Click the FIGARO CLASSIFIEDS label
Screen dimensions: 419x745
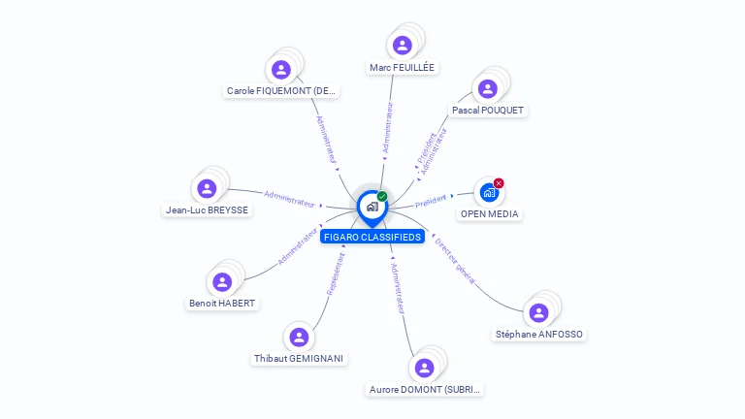tap(372, 237)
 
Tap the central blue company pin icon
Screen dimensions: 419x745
tap(372, 207)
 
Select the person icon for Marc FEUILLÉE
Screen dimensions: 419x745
tap(403, 45)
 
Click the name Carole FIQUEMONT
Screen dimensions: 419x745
tap(281, 91)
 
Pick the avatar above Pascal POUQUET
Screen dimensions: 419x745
tap(488, 88)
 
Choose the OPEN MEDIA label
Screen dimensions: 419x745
tap(489, 213)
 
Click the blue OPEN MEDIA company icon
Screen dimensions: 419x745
tap(489, 192)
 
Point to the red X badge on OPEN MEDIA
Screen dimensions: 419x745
tap(499, 183)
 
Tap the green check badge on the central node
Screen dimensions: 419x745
tap(382, 196)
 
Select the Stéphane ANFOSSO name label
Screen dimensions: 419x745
tap(539, 335)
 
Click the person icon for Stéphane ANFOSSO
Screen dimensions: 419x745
tap(539, 312)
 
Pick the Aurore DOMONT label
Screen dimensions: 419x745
tap(425, 390)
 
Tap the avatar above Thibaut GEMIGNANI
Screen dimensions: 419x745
tap(299, 337)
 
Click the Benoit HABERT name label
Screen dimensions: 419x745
tap(222, 304)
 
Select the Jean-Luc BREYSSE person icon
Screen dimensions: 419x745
tap(207, 188)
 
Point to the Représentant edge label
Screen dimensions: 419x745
tap(336, 274)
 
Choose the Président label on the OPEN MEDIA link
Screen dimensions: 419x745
tap(430, 201)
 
